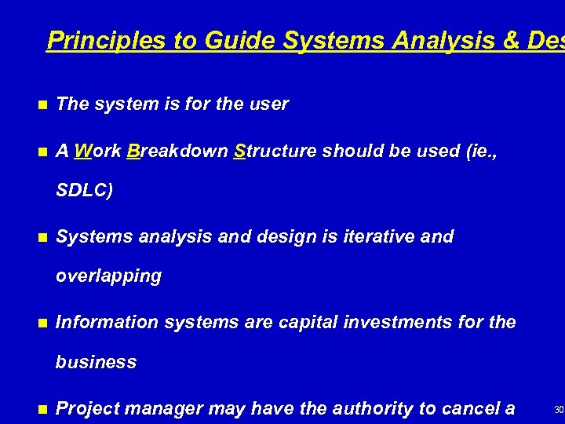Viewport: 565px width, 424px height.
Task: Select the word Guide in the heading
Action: point(239,41)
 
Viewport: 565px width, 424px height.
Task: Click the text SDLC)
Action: point(85,190)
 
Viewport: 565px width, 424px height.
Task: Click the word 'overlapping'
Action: point(108,276)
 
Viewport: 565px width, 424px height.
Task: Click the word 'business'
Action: point(96,362)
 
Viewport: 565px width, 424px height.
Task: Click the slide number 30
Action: point(558,409)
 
